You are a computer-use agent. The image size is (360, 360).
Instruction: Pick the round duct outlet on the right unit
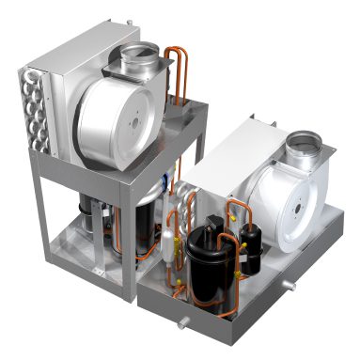(303, 145)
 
